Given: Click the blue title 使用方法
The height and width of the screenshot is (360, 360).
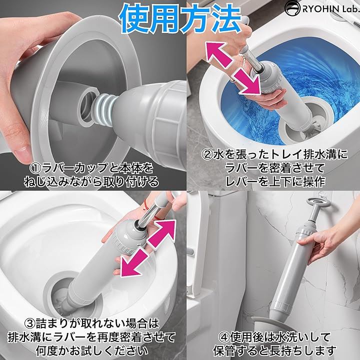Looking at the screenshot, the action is pos(180,19).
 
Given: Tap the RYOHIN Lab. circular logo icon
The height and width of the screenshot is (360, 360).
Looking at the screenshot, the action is pos(292,8).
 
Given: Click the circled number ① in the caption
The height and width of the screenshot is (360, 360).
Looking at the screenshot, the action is pos(36,168).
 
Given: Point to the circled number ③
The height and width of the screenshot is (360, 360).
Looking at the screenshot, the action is pos(30,324).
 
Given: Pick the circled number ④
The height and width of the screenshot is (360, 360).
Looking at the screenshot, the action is pos(224,337).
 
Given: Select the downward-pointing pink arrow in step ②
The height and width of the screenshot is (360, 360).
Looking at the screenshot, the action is pos(248,81).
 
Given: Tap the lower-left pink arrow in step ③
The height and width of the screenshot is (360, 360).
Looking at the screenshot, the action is pos(134,263).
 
